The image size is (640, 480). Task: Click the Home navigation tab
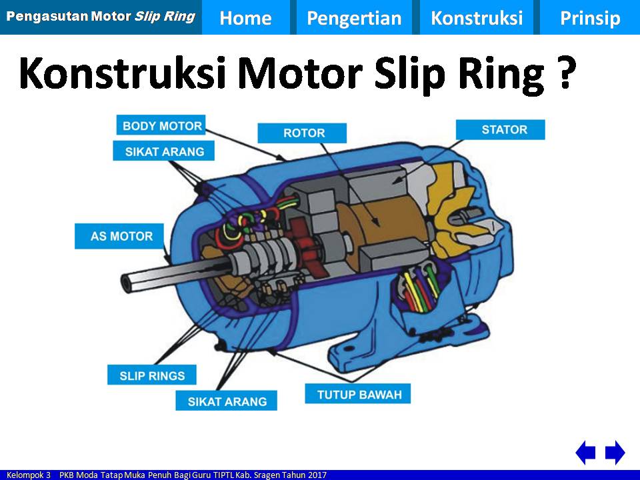click(x=245, y=18)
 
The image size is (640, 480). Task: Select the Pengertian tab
click(x=354, y=18)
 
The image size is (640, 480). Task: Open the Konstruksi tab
click(x=477, y=18)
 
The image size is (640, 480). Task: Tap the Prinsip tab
click(x=589, y=18)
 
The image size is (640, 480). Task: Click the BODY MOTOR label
click(x=162, y=125)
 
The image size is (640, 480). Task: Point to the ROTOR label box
click(x=304, y=133)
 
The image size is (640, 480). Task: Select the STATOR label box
click(x=504, y=129)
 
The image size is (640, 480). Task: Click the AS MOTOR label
click(x=121, y=236)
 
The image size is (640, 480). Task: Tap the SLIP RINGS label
click(x=152, y=375)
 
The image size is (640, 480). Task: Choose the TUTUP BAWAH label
click(x=359, y=394)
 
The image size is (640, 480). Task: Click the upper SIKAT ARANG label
click(x=164, y=151)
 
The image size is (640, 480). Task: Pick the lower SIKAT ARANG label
click(x=227, y=401)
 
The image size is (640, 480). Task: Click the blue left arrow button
click(x=585, y=453)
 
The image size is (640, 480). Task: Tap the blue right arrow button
click(x=615, y=453)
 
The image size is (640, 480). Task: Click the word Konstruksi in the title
click(x=123, y=73)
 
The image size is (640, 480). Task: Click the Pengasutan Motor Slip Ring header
click(x=100, y=16)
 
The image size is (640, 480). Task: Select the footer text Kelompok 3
click(x=29, y=475)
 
